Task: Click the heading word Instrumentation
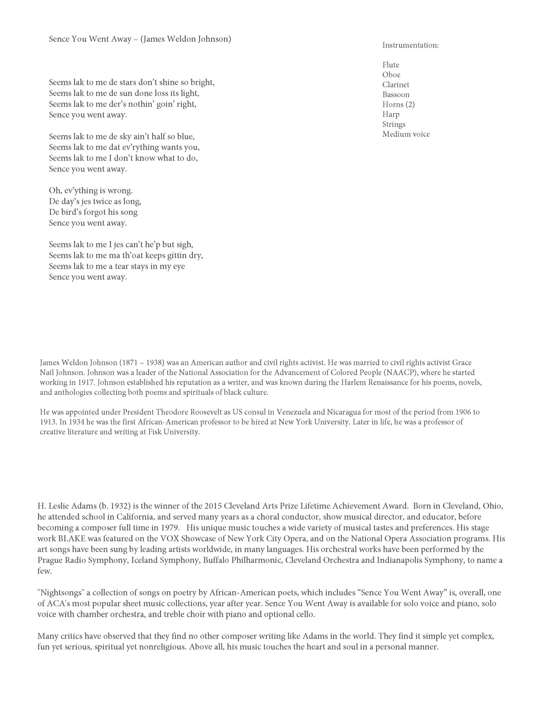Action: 410,45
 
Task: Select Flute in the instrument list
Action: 391,65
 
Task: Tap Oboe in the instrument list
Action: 391,75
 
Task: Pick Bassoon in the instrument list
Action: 396,95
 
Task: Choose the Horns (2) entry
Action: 398,104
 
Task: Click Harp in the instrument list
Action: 391,114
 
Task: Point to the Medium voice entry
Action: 406,134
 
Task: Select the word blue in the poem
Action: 185,136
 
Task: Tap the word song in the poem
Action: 129,212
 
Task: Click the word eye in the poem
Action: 179,266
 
